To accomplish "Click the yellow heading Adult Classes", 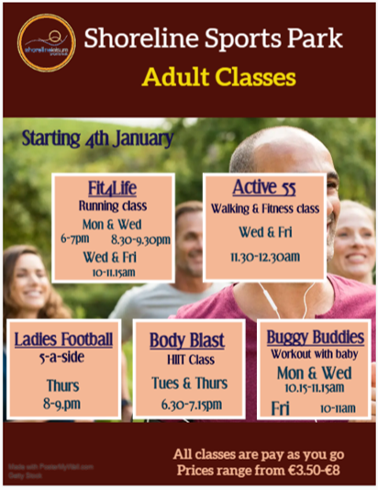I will pyautogui.click(x=218, y=78).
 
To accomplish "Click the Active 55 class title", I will pyautogui.click(x=264, y=188).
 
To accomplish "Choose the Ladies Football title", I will pyautogui.click(x=63, y=340).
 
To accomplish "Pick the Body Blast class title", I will pyautogui.click(x=187, y=341).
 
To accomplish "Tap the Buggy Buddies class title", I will pyautogui.click(x=313, y=337).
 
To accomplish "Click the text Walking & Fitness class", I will pyautogui.click(x=264, y=209).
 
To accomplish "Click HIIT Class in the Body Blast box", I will pyautogui.click(x=187, y=360).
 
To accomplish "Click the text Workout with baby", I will pyautogui.click(x=313, y=354).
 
